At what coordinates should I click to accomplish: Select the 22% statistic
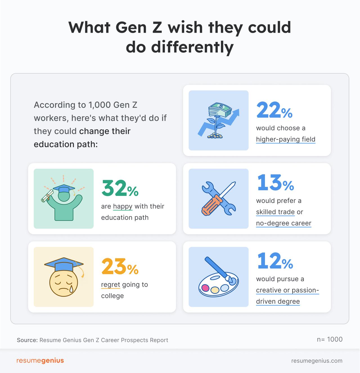[274, 110]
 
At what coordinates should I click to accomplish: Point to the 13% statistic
[275, 183]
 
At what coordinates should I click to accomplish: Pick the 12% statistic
[275, 261]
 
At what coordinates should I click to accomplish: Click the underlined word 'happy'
[123, 206]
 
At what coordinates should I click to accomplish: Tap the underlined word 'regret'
[111, 285]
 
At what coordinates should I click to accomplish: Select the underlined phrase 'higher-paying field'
[285, 139]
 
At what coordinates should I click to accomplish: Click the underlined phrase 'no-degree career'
[283, 223]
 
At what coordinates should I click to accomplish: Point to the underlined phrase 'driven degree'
[278, 301]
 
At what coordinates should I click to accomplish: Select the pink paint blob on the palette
[206, 288]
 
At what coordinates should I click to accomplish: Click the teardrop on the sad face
[71, 288]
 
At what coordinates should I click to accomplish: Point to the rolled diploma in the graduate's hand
[47, 196]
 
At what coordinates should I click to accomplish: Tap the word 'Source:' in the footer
[27, 340]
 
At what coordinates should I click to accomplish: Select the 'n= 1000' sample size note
[330, 339]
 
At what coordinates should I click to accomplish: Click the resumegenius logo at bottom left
[40, 361]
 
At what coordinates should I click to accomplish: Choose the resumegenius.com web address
[317, 361]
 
